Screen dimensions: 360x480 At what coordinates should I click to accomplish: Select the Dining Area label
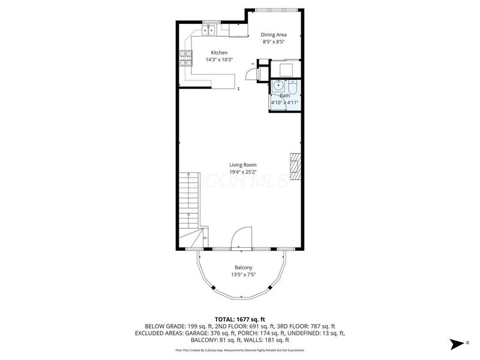pyautogui.click(x=274, y=34)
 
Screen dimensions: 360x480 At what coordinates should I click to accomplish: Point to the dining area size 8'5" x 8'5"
pyautogui.click(x=274, y=42)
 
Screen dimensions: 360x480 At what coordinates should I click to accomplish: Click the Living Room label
pyautogui.click(x=242, y=165)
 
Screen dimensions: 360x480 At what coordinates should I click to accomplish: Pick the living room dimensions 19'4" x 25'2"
pyautogui.click(x=242, y=173)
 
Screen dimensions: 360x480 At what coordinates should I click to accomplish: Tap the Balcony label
pyautogui.click(x=242, y=267)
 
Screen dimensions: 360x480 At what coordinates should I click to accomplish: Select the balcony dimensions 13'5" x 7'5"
pyautogui.click(x=242, y=275)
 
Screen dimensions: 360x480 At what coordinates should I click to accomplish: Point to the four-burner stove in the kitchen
pyautogui.click(x=185, y=59)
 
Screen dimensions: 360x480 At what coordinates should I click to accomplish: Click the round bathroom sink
pyautogui.click(x=278, y=86)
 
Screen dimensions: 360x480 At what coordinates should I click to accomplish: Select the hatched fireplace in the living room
pyautogui.click(x=295, y=167)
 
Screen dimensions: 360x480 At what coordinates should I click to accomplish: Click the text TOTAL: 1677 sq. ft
pyautogui.click(x=240, y=319)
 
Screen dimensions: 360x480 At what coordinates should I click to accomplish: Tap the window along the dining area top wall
pyautogui.click(x=277, y=10)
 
